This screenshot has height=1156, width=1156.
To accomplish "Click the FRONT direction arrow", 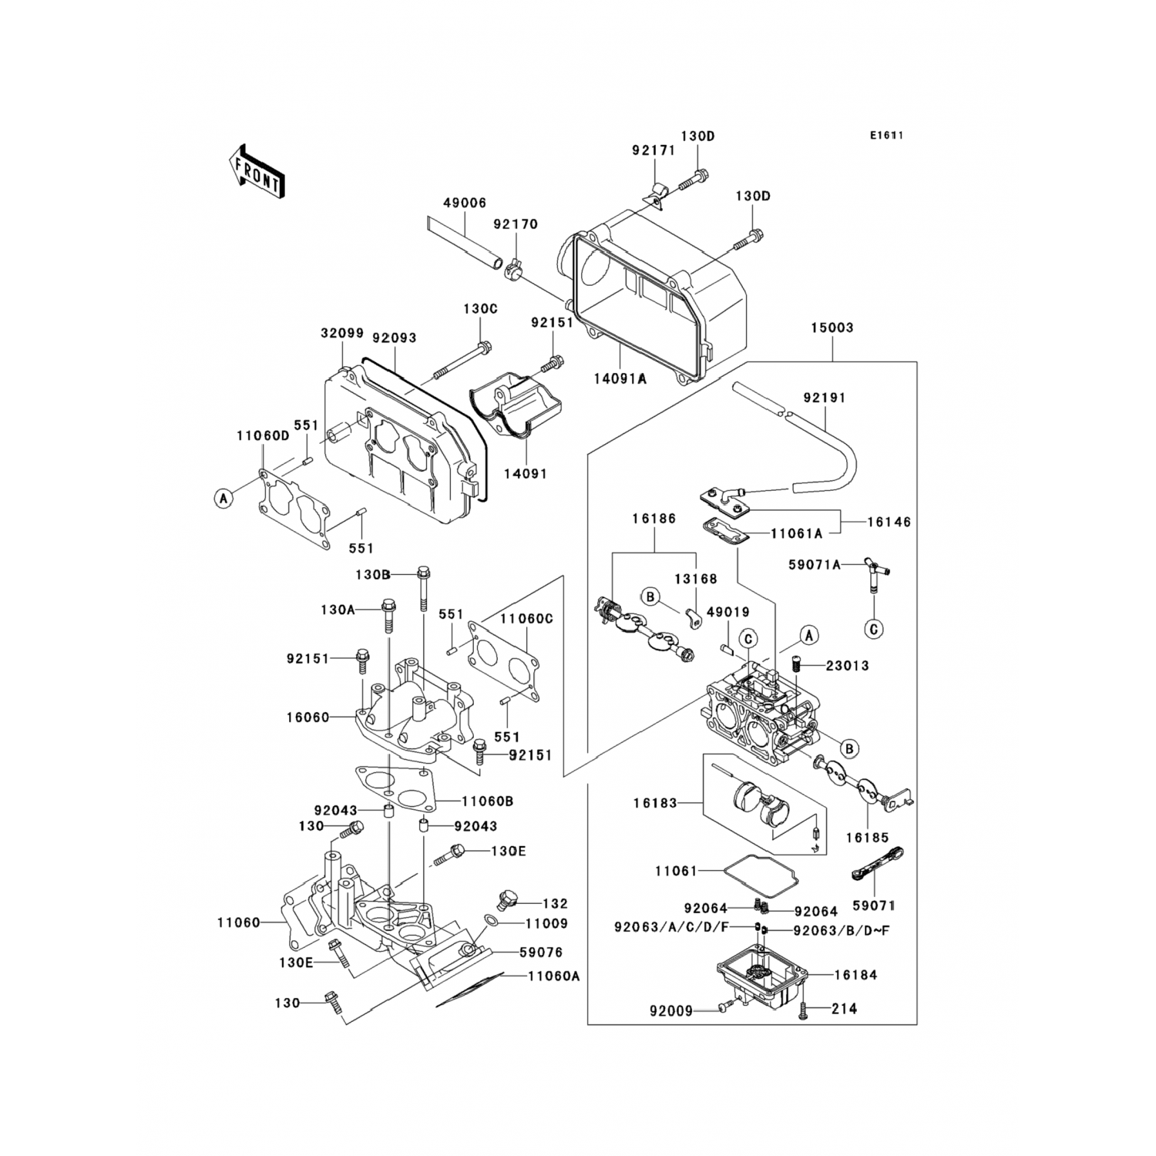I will [254, 170].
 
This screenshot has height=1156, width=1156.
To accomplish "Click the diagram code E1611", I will [886, 136].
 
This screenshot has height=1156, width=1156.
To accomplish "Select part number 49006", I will [464, 203].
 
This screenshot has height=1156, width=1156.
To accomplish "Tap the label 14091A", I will [620, 378].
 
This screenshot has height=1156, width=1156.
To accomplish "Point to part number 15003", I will [832, 328].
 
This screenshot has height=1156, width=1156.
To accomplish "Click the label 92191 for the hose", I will [825, 398].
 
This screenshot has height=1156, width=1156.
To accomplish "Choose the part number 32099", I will [342, 334].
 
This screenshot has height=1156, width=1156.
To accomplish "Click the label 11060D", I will [263, 436].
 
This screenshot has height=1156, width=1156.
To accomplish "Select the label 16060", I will [307, 717].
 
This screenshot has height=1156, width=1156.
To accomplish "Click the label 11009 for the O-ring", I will [546, 923].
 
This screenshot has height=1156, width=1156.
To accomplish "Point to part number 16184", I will [855, 975].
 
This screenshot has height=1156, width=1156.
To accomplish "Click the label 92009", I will [671, 1010].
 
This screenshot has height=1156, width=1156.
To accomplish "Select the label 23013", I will [848, 666].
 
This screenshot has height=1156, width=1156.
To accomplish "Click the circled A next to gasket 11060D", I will [223, 499].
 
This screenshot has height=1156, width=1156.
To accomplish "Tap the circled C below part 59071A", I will [874, 629].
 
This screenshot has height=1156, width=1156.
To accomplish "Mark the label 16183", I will [655, 803].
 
